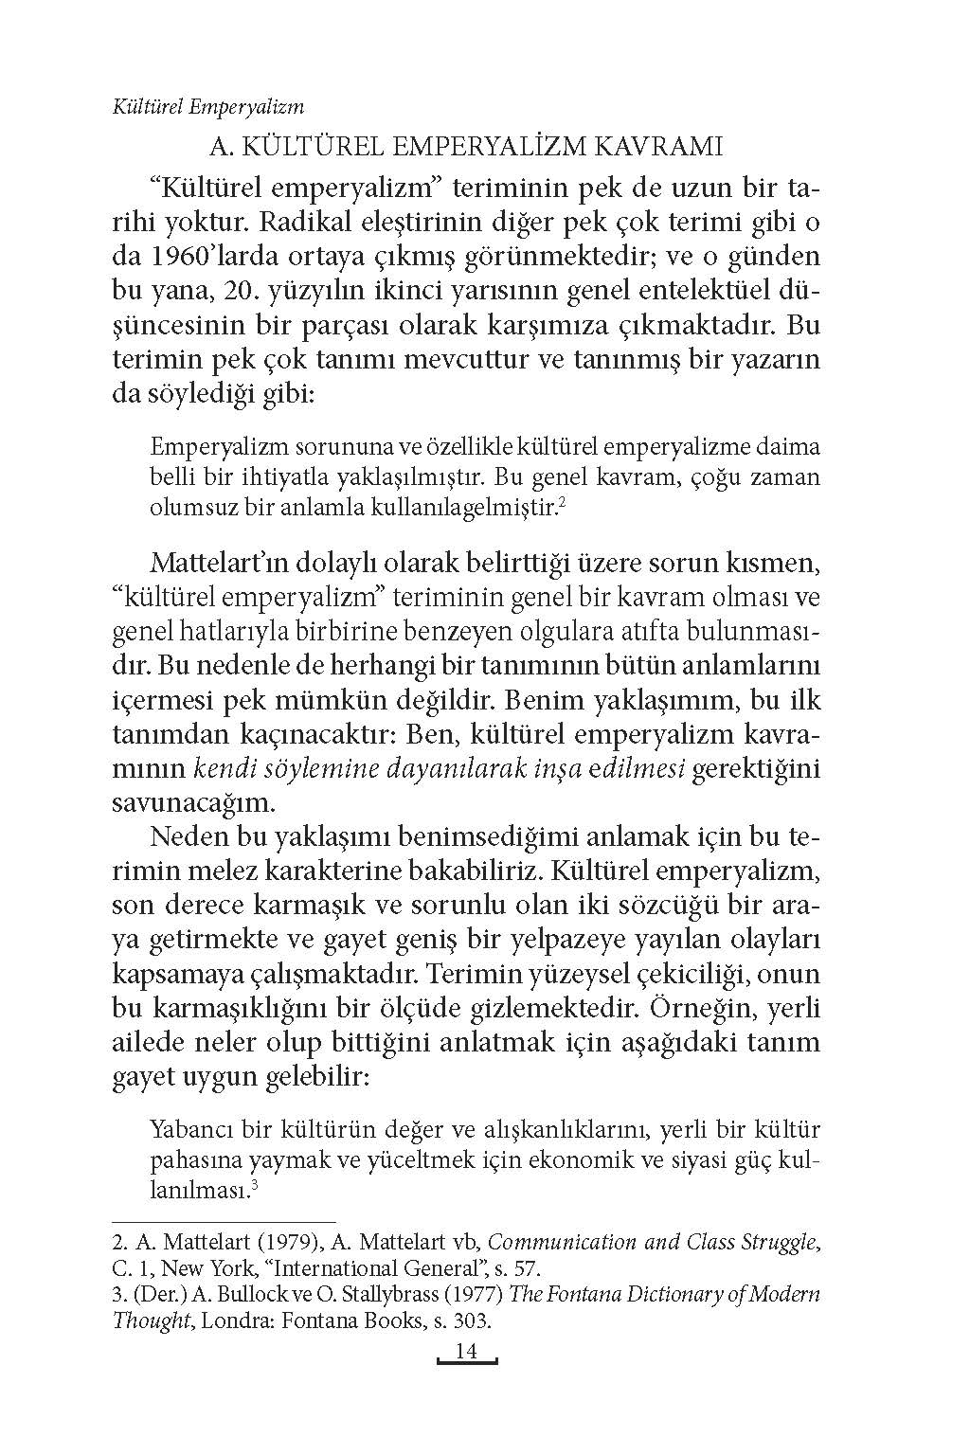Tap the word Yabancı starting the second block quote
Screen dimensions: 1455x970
coord(193,1130)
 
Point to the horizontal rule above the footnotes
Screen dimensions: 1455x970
coord(224,1223)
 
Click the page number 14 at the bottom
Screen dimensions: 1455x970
coord(466,1352)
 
